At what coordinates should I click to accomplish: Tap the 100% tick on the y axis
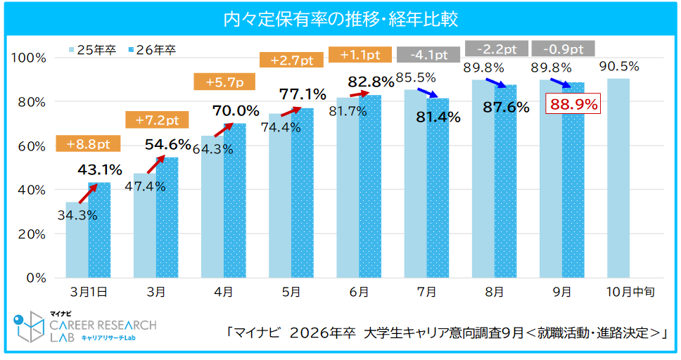(x=30, y=58)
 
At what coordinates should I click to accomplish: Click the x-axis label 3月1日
(x=88, y=292)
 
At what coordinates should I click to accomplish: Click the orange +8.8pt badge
(x=88, y=144)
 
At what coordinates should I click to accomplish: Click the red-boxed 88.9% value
(x=573, y=105)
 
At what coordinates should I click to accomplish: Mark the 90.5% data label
(x=619, y=67)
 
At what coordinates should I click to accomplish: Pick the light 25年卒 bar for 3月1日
(x=77, y=239)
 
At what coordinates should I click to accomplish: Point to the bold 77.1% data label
(x=303, y=94)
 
